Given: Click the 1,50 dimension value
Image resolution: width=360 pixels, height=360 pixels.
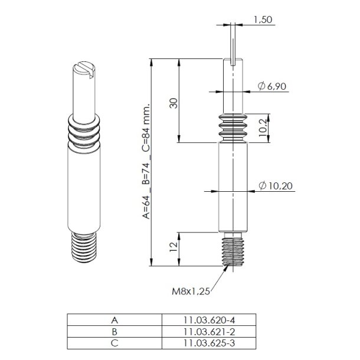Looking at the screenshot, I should pos(263,19).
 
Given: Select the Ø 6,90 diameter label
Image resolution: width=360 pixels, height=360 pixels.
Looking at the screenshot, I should pos(272,87).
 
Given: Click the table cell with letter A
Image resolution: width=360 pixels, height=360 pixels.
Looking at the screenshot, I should pos(114,320).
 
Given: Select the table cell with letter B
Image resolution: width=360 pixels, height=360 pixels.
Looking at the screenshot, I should pos(114,331).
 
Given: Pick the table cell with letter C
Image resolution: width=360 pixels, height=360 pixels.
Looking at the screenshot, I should pos(114,342).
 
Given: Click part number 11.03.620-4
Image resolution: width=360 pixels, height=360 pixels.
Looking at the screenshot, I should pos(210,320).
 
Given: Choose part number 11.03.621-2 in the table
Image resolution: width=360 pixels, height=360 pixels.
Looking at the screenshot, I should pos(210,331).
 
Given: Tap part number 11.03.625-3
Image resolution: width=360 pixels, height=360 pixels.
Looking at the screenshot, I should pos(210,342).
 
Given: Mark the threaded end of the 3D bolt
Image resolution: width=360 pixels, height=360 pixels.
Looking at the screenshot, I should pos(83,249).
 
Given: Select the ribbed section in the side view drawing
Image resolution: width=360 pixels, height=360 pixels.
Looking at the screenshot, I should pos(234,126).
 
